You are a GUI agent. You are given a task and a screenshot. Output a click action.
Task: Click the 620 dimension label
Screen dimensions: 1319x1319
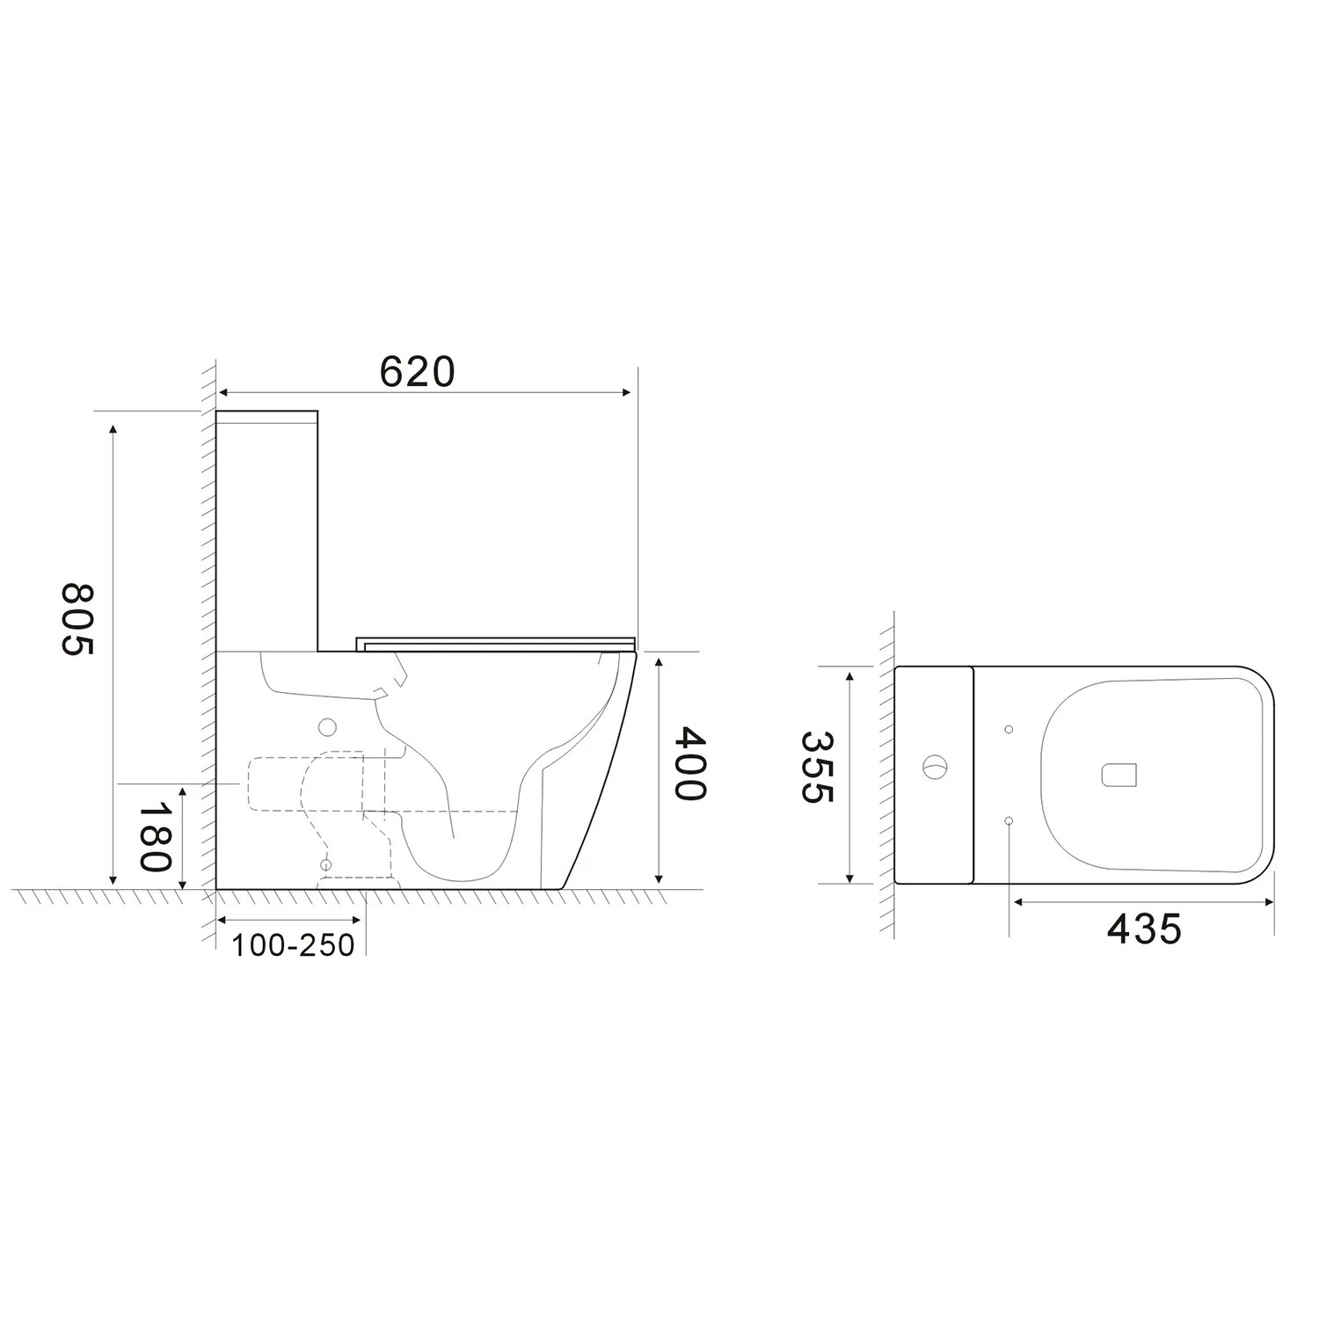pyautogui.click(x=418, y=372)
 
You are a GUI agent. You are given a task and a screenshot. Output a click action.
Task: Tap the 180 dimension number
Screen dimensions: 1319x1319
pyautogui.click(x=156, y=836)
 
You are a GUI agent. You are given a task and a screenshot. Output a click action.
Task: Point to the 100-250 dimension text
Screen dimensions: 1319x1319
pyautogui.click(x=293, y=944)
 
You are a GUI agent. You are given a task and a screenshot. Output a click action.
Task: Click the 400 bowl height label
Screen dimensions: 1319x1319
pyautogui.click(x=690, y=763)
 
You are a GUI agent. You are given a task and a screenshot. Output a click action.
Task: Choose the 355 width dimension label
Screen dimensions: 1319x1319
pyautogui.click(x=816, y=768)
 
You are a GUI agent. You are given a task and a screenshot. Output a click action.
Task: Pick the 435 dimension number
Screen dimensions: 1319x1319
pyautogui.click(x=1144, y=928)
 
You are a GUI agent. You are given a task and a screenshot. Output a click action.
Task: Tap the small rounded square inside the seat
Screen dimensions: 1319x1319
pyautogui.click(x=1119, y=774)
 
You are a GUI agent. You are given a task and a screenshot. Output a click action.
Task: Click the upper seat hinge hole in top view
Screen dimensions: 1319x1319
pyautogui.click(x=1009, y=729)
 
